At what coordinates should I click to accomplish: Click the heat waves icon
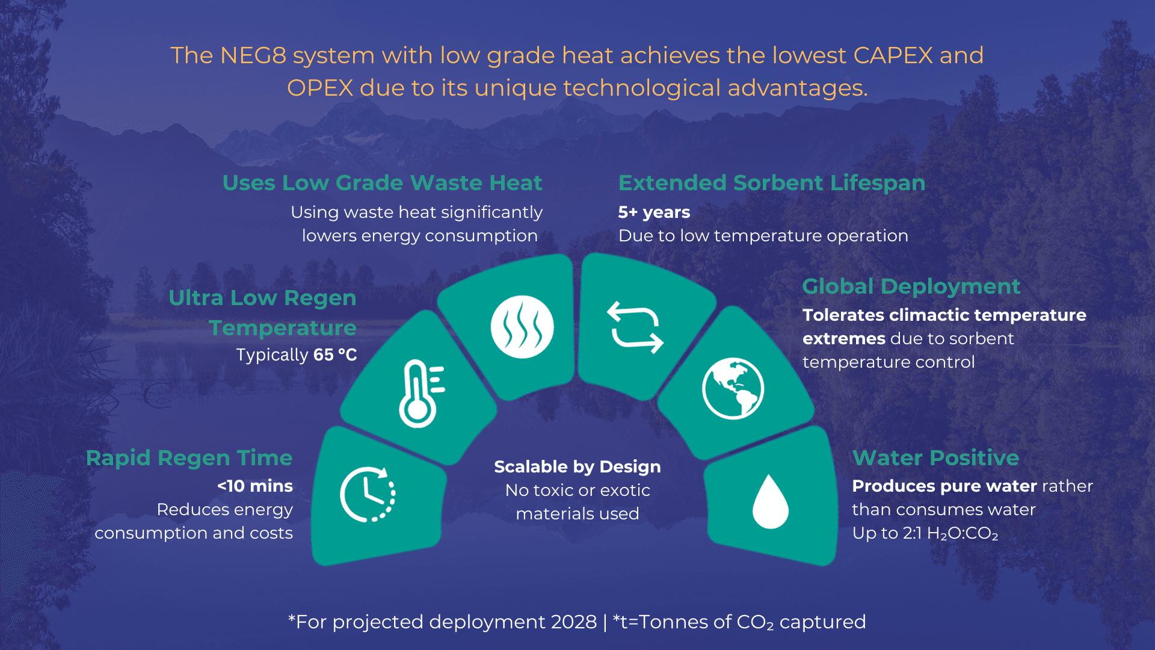pos(522,327)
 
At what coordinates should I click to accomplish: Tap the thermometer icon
pos(420,394)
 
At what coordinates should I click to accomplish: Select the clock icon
pos(368,494)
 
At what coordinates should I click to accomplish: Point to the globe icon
pos(733,388)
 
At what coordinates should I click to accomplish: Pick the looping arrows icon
pos(635,327)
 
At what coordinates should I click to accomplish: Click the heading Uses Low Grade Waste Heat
pos(382,183)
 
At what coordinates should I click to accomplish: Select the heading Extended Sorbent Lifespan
pos(771,183)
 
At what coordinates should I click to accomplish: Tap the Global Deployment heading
pos(911,286)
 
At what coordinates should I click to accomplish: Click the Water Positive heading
pos(935,458)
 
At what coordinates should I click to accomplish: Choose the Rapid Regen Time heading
pos(189,458)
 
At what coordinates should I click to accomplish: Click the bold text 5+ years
pos(654,212)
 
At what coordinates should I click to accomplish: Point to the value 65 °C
pos(335,355)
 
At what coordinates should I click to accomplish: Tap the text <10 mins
pos(255,486)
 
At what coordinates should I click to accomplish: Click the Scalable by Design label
pos(577,467)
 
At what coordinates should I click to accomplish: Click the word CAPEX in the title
pos(893,56)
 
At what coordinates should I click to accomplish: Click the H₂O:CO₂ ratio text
pos(962,534)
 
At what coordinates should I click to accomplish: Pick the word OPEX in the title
pos(319,88)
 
